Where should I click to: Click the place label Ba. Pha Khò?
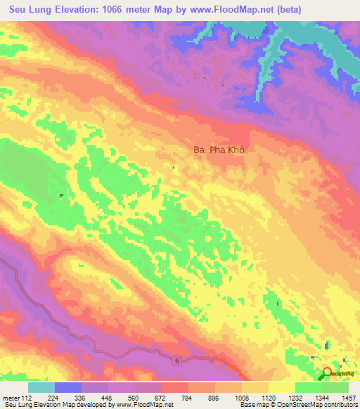coord(222,150)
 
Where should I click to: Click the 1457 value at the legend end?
coord(347,397)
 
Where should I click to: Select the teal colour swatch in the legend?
coord(41,387)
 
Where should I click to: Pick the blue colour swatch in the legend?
coord(68,387)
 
